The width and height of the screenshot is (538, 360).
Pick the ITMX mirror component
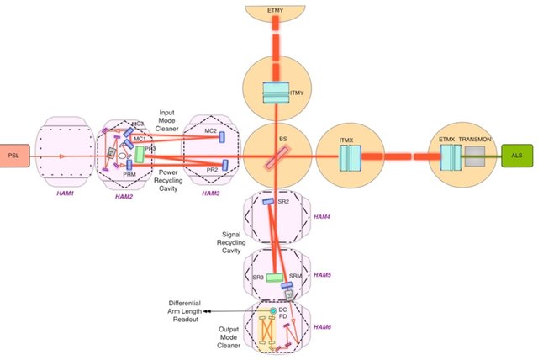(348, 156)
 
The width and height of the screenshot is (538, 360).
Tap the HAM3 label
(212, 193)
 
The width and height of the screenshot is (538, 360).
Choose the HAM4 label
(323, 217)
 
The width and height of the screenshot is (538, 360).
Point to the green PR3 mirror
(140, 154)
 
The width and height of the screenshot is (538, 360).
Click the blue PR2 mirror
(225, 165)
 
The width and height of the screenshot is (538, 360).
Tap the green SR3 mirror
(274, 278)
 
